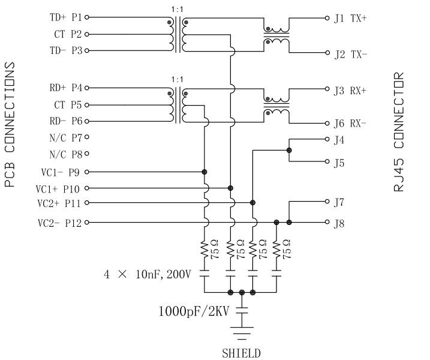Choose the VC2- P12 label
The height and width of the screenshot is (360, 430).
(60, 223)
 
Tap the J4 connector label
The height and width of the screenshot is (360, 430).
(339, 140)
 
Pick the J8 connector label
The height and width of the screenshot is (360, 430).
(339, 224)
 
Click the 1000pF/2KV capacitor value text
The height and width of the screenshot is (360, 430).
(194, 311)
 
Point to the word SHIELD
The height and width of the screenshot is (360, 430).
(241, 353)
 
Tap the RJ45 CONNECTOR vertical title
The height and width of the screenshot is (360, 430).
(399, 132)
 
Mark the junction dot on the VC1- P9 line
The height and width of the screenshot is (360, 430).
(205, 172)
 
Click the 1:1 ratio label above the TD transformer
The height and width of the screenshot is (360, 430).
(178, 8)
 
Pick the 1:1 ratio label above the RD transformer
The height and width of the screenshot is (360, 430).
(178, 79)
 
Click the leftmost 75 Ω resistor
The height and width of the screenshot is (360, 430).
(205, 248)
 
